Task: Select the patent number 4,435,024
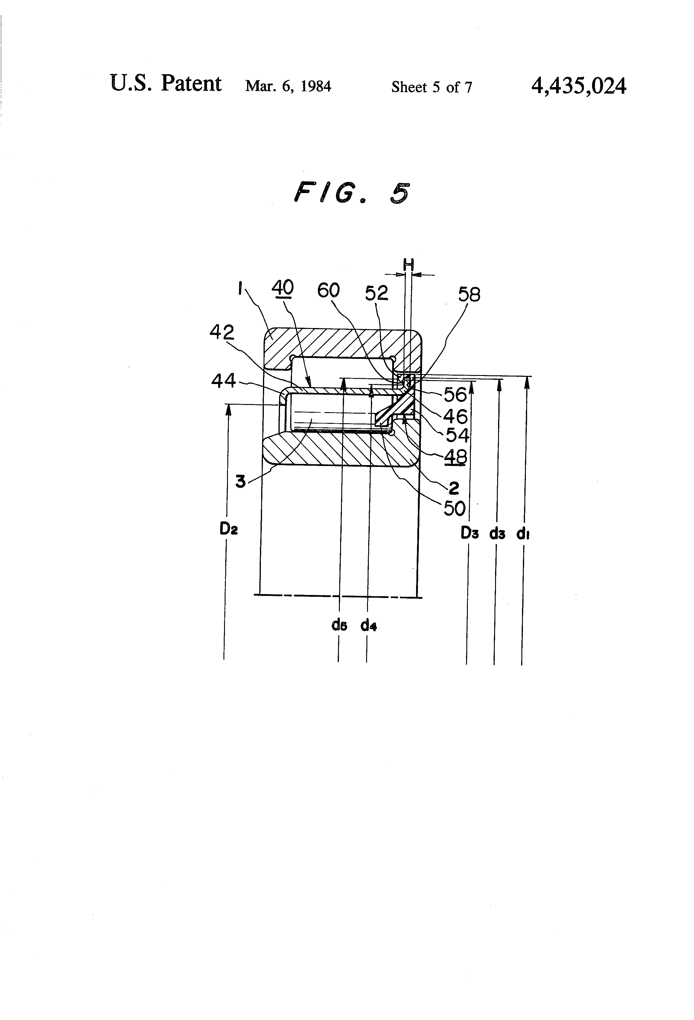tap(578, 86)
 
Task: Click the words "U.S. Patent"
tap(165, 84)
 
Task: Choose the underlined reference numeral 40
tap(282, 288)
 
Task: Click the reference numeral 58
tap(469, 295)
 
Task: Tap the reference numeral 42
tap(222, 332)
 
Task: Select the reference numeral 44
tap(223, 380)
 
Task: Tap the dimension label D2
tap(229, 529)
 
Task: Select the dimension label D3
tap(469, 533)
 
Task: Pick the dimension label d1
tap(523, 534)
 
